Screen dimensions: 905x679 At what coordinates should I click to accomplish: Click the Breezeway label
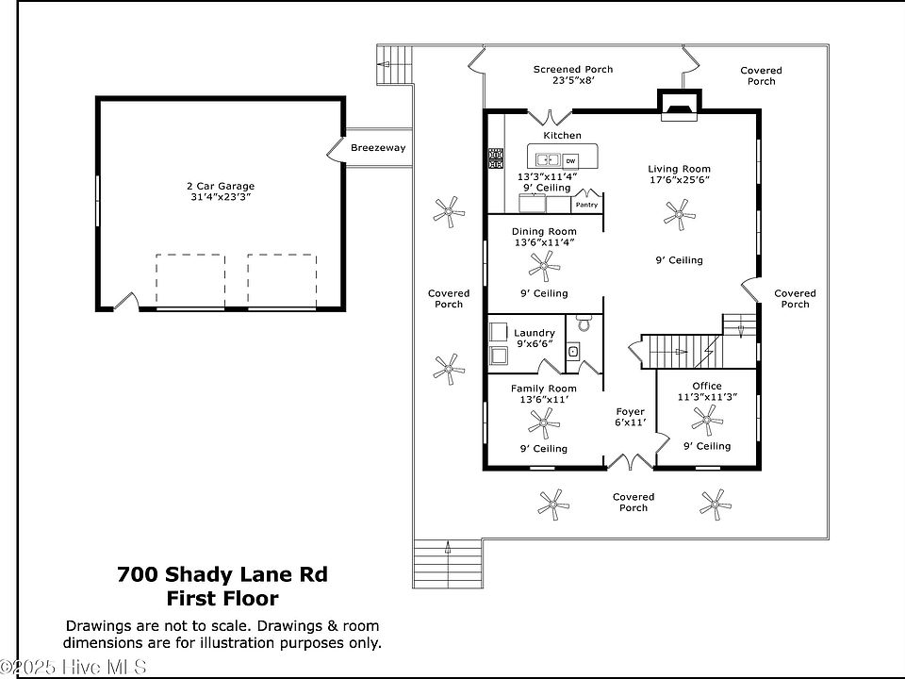pyautogui.click(x=378, y=148)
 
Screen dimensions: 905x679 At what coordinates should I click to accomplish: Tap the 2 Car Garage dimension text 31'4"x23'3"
pyautogui.click(x=221, y=197)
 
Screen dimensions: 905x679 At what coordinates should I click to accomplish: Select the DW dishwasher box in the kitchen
pyautogui.click(x=570, y=161)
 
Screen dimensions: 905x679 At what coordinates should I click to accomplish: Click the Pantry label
pyautogui.click(x=586, y=205)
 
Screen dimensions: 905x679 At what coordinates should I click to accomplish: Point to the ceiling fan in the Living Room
pyautogui.click(x=680, y=215)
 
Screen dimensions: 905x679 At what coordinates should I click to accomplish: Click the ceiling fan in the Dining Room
pyautogui.click(x=544, y=266)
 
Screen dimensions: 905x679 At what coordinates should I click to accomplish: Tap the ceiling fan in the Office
pyautogui.click(x=707, y=420)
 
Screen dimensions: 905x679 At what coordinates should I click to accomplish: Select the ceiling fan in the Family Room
pyautogui.click(x=544, y=423)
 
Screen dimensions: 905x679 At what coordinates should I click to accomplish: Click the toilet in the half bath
pyautogui.click(x=584, y=323)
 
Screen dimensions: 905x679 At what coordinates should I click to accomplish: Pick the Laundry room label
pyautogui.click(x=535, y=333)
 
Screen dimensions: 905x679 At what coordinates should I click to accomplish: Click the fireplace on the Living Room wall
pyautogui.click(x=680, y=106)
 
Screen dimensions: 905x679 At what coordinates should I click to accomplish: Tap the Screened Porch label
pyautogui.click(x=573, y=69)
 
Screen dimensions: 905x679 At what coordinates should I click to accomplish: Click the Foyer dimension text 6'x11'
pyautogui.click(x=631, y=422)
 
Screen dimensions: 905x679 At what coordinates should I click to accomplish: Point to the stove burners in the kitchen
pyautogui.click(x=496, y=158)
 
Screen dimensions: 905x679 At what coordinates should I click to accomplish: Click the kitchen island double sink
pyautogui.click(x=548, y=159)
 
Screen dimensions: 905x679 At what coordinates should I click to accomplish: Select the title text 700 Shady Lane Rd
pyautogui.click(x=222, y=574)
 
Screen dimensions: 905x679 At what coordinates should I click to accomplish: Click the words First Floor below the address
pyautogui.click(x=222, y=598)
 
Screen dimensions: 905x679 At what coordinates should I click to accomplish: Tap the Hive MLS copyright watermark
pyautogui.click(x=74, y=668)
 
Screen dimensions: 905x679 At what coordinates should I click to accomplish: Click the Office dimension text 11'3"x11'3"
pyautogui.click(x=707, y=397)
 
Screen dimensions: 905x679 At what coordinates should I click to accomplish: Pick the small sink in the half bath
pyautogui.click(x=573, y=351)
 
